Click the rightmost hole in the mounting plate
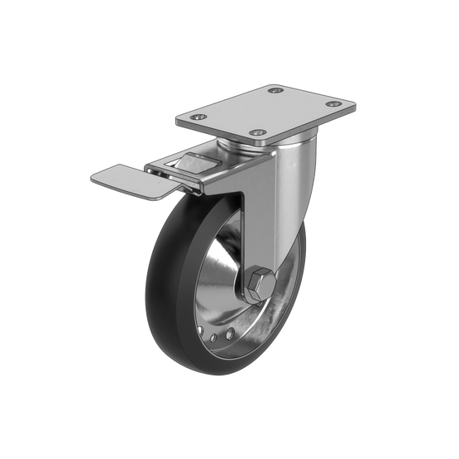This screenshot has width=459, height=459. [x=333, y=105]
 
